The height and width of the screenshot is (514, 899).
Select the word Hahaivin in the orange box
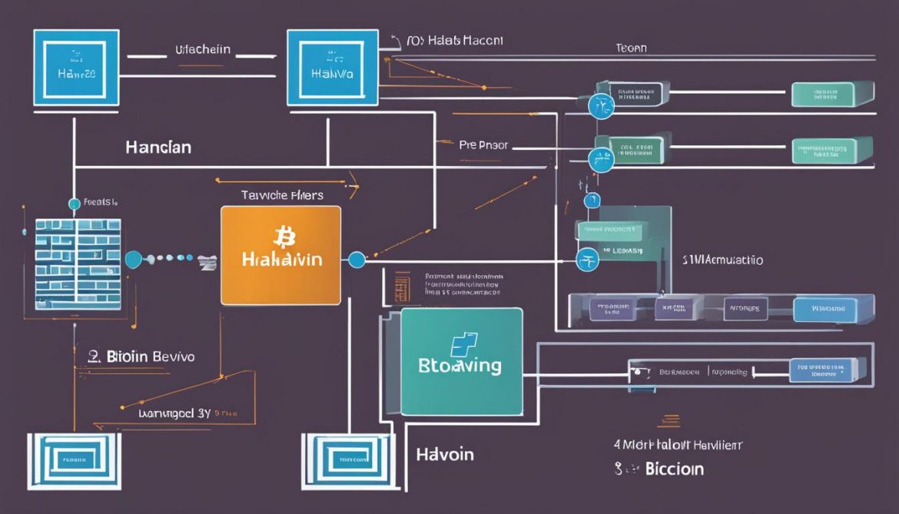(x=280, y=259)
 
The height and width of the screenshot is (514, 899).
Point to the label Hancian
(x=158, y=147)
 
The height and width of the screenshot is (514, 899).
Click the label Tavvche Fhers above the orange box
(x=282, y=195)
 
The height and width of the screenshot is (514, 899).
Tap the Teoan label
(x=631, y=48)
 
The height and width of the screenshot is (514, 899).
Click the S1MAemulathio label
(x=722, y=260)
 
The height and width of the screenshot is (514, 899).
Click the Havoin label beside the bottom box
(x=445, y=453)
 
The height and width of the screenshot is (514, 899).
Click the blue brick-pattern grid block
(x=78, y=263)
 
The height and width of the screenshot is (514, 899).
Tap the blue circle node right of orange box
(x=357, y=260)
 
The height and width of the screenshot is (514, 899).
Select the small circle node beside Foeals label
(x=74, y=204)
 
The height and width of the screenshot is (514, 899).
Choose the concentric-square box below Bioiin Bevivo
(x=75, y=461)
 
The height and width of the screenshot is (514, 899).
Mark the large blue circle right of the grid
(x=133, y=259)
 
